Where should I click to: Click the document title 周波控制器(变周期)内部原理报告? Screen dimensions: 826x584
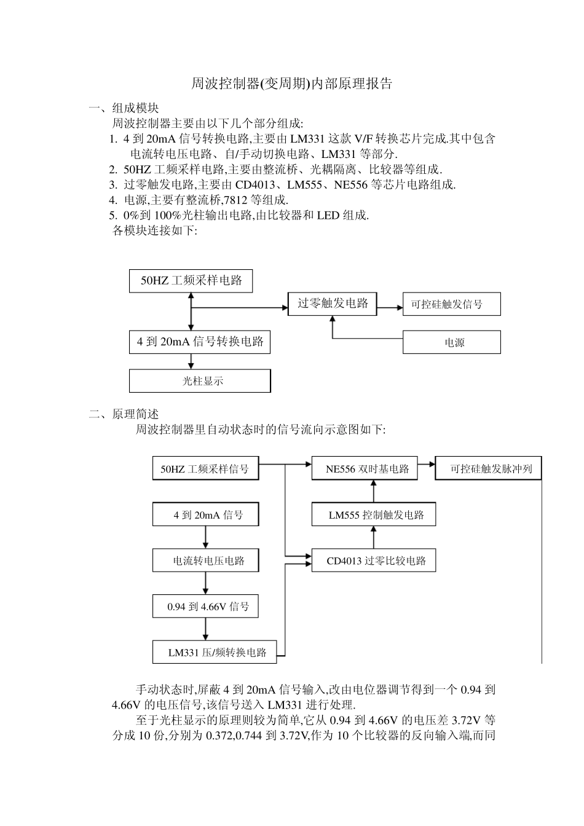point(291,84)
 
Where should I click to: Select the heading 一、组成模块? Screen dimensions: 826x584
point(124,108)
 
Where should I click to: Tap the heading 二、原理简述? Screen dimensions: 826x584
point(124,414)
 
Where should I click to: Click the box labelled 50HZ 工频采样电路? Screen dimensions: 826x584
point(191,281)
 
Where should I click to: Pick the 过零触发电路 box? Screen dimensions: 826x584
point(333,304)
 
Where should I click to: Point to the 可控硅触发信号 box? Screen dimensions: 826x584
point(452,304)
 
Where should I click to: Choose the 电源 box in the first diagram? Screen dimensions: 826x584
point(452,342)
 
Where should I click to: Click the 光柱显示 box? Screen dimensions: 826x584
point(200,381)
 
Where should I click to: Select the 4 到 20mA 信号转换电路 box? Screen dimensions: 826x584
point(200,342)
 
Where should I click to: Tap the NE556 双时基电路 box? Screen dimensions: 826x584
point(365,469)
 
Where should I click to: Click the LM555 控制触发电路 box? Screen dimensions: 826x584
point(374,514)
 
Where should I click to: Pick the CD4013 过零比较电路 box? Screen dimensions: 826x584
point(374,560)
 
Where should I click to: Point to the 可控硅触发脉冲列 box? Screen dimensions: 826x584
point(489,469)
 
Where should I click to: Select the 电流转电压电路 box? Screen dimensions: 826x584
point(206,560)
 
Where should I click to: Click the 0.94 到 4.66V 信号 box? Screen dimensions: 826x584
point(206,607)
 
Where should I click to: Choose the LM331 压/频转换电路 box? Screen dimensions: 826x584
point(215,652)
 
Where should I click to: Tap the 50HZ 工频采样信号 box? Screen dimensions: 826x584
point(205,469)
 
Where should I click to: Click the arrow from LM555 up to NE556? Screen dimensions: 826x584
point(373,492)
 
